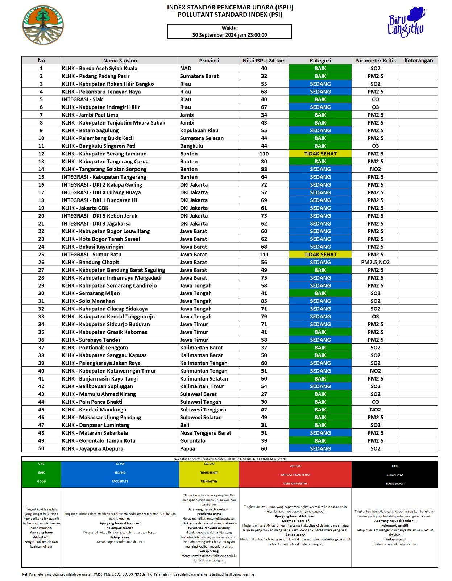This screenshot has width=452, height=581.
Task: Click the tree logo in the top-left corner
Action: coord(43,25)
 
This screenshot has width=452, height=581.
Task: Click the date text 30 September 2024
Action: coord(229,35)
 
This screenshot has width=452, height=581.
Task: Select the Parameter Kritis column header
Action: coord(375,60)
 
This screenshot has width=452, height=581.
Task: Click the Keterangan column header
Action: coord(418,60)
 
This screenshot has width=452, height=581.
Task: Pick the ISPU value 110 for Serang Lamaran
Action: coord(264,154)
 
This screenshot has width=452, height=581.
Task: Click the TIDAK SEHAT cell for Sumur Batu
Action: coord(320,255)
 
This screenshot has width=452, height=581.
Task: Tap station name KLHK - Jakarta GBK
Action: coord(85,208)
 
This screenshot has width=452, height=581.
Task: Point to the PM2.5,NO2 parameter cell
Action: coord(375,262)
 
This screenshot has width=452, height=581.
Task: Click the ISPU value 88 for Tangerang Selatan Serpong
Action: coord(264,169)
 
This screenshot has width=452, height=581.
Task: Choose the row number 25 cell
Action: coord(41,255)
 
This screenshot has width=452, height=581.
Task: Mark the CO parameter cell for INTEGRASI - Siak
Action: coord(375,99)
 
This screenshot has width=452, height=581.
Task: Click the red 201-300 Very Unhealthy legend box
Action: coord(295,474)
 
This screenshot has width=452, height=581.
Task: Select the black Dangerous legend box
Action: coord(394,474)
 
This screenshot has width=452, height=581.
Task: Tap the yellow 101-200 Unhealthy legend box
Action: coord(209,474)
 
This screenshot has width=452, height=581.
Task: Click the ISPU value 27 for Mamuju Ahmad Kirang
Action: coord(264,394)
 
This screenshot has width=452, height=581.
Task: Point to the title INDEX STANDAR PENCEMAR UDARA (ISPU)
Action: coord(230,7)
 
